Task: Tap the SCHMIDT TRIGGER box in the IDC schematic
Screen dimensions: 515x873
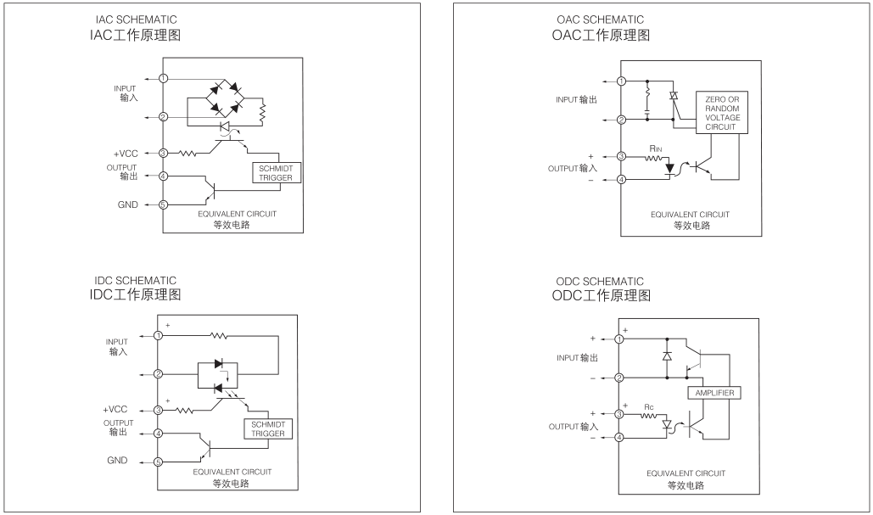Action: tap(267, 428)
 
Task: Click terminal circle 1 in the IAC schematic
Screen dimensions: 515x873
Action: tap(164, 78)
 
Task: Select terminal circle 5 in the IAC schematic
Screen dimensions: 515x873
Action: tap(164, 204)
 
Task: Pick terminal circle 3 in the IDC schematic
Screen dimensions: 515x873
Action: tap(158, 410)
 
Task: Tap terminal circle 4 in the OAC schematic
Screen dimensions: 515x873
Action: tap(622, 179)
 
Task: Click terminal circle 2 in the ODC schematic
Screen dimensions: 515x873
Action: tap(619, 378)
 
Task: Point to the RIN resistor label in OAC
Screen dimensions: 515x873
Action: tap(656, 148)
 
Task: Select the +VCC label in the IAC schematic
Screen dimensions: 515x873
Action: tap(126, 153)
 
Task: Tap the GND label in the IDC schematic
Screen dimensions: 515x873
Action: tap(116, 461)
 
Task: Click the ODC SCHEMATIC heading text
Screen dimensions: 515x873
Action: tap(597, 282)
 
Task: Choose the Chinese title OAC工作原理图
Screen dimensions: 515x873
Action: tap(601, 36)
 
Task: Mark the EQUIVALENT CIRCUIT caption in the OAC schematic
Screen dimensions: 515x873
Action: tap(687, 214)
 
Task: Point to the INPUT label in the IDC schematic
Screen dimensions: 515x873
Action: tap(116, 342)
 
